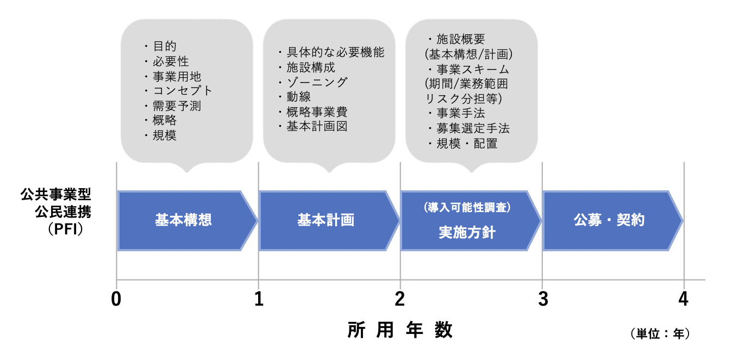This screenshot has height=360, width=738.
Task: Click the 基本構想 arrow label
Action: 183,220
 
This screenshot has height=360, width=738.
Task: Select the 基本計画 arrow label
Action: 326,220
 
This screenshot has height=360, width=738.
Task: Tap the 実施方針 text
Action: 467,232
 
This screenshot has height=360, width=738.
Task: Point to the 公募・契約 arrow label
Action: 609,220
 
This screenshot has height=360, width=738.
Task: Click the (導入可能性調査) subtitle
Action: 467,207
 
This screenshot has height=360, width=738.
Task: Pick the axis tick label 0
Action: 116,299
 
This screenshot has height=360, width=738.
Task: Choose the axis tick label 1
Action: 259,299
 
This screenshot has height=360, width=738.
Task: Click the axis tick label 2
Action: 399,299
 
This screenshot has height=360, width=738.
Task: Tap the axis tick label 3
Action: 542,299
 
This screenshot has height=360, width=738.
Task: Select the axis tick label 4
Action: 683,299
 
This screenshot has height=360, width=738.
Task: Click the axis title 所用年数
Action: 400,330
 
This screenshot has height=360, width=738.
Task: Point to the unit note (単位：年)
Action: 660,334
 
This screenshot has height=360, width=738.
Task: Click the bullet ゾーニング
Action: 312,82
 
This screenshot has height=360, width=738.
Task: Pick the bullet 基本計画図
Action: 312,126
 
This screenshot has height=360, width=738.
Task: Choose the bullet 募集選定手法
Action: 469,128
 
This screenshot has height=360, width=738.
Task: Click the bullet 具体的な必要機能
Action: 331,52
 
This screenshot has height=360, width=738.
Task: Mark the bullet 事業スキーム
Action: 469,69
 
